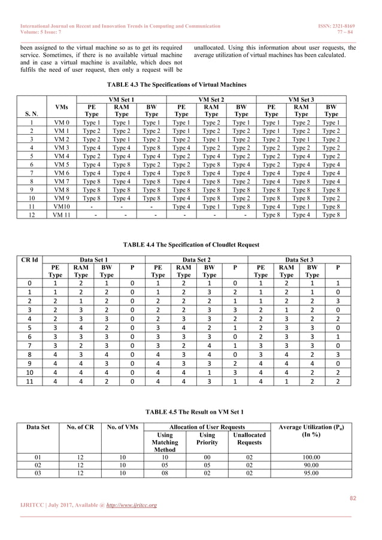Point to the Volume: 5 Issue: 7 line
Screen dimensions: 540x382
click(43, 34)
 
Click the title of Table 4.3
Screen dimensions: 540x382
click(190, 85)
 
